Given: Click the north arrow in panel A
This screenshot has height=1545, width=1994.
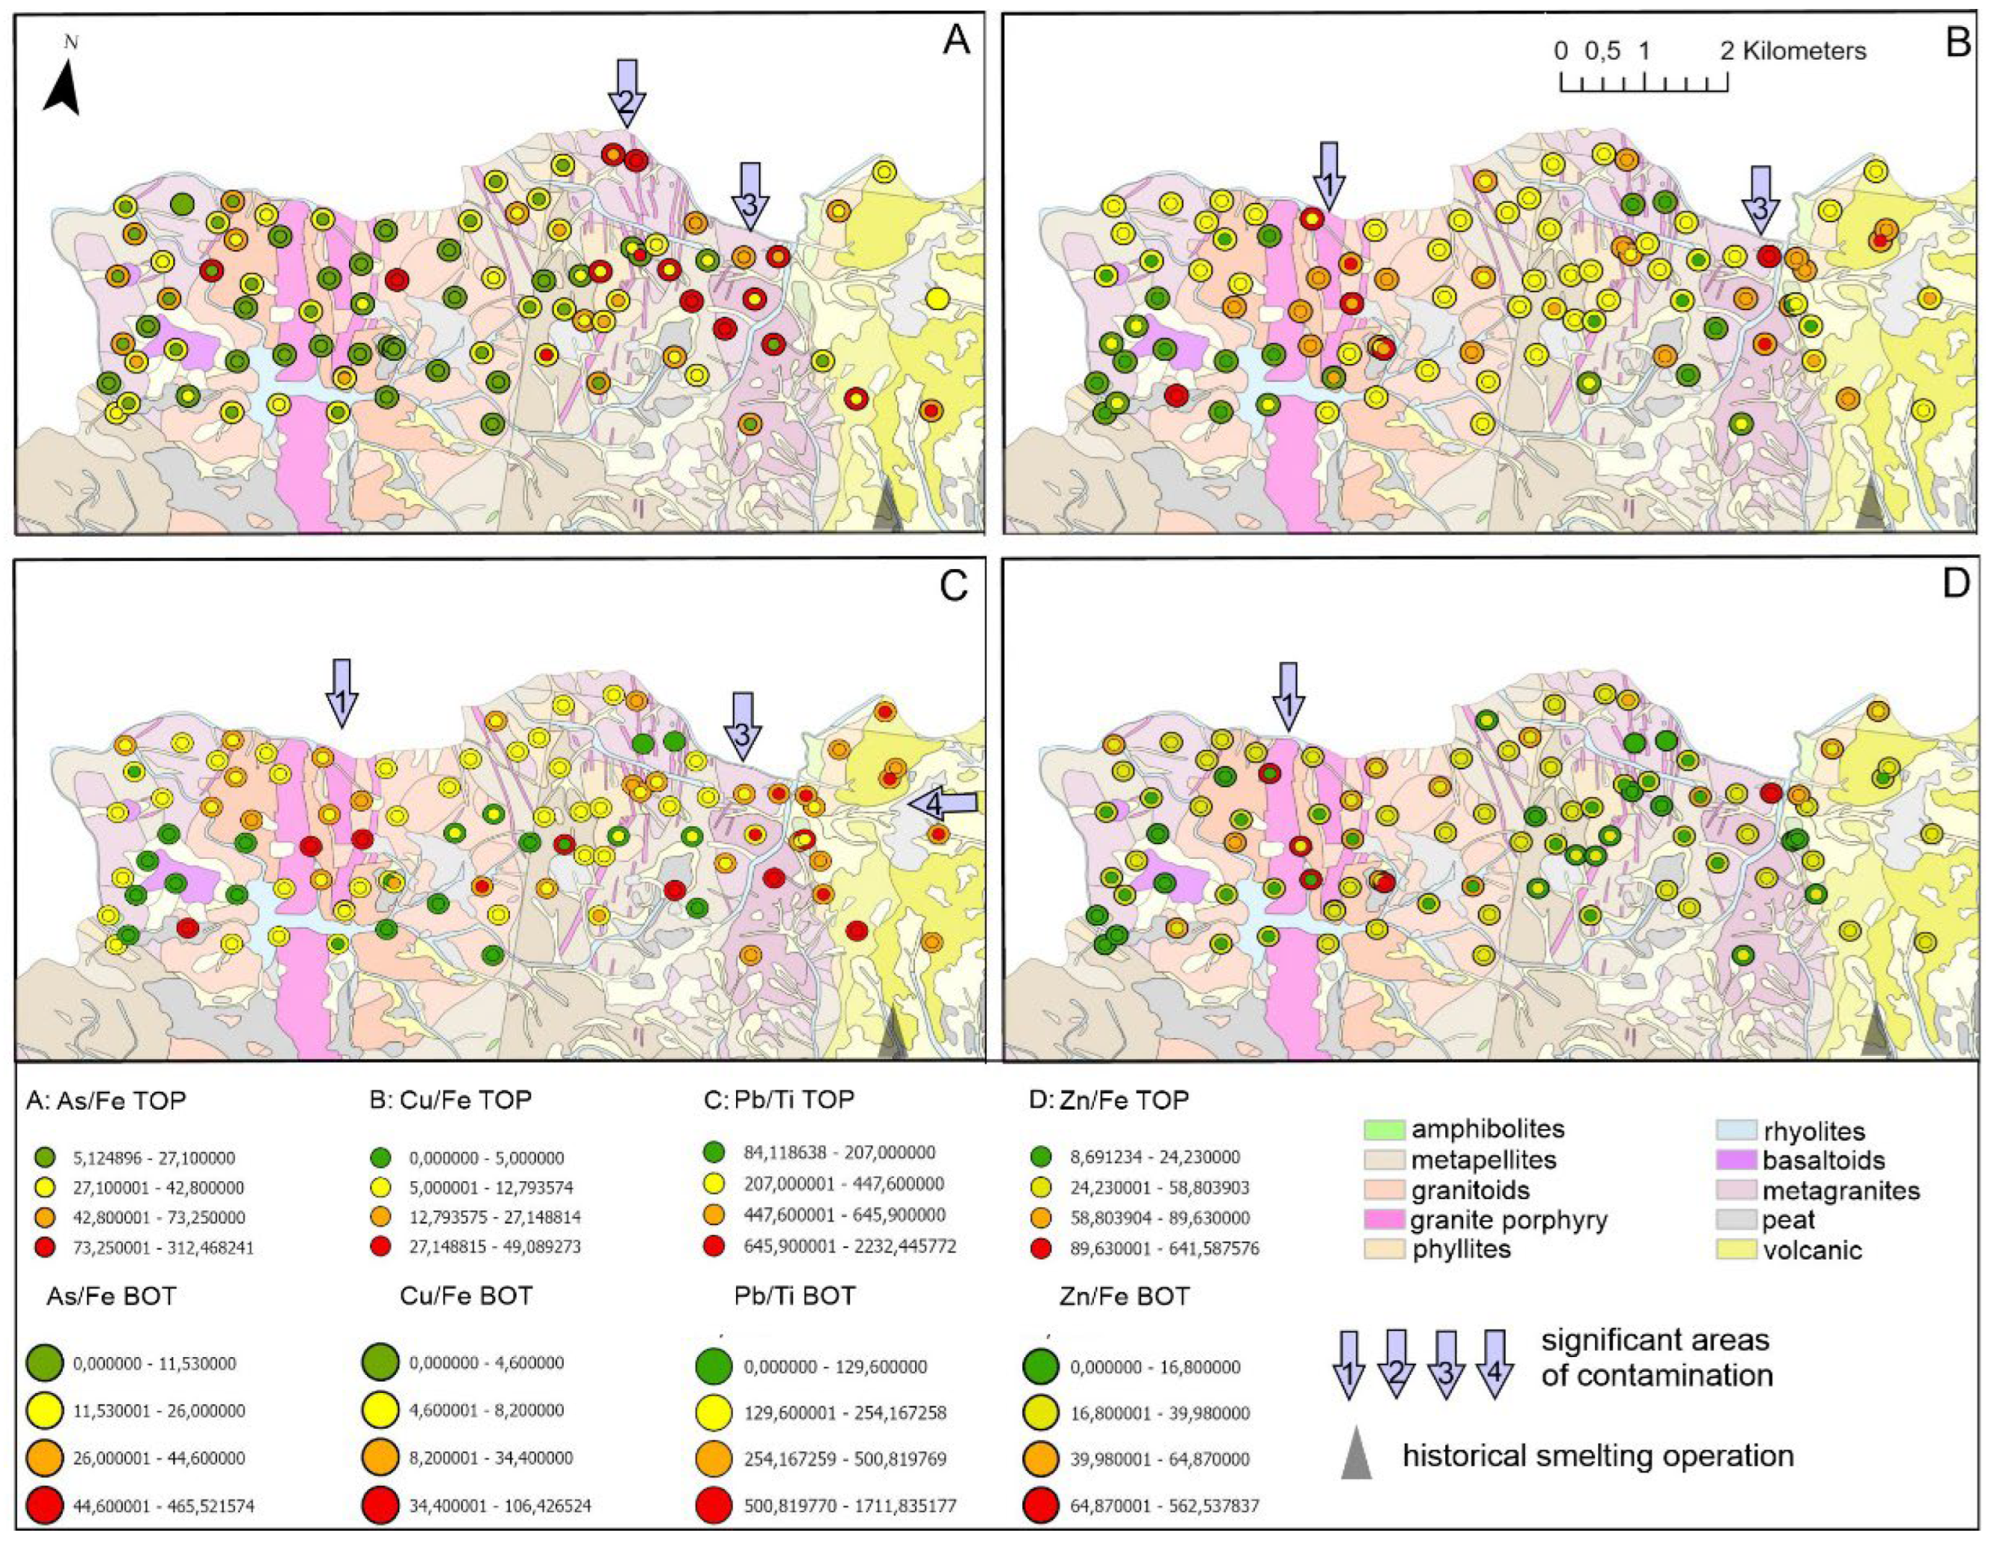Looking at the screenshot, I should click(x=62, y=86).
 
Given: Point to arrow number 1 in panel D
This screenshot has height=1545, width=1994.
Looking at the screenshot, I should click(x=1289, y=696).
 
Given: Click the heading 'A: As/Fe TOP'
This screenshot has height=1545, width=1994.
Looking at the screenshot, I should click(x=106, y=1101).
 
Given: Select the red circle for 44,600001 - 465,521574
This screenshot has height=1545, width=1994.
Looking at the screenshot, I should click(x=44, y=1505).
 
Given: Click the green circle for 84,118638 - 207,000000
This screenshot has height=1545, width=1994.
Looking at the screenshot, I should click(x=714, y=1152).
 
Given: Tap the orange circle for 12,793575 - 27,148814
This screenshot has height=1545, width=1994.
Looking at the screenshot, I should click(x=382, y=1216).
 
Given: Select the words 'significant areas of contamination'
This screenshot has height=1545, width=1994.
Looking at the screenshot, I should click(x=1656, y=1357).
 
